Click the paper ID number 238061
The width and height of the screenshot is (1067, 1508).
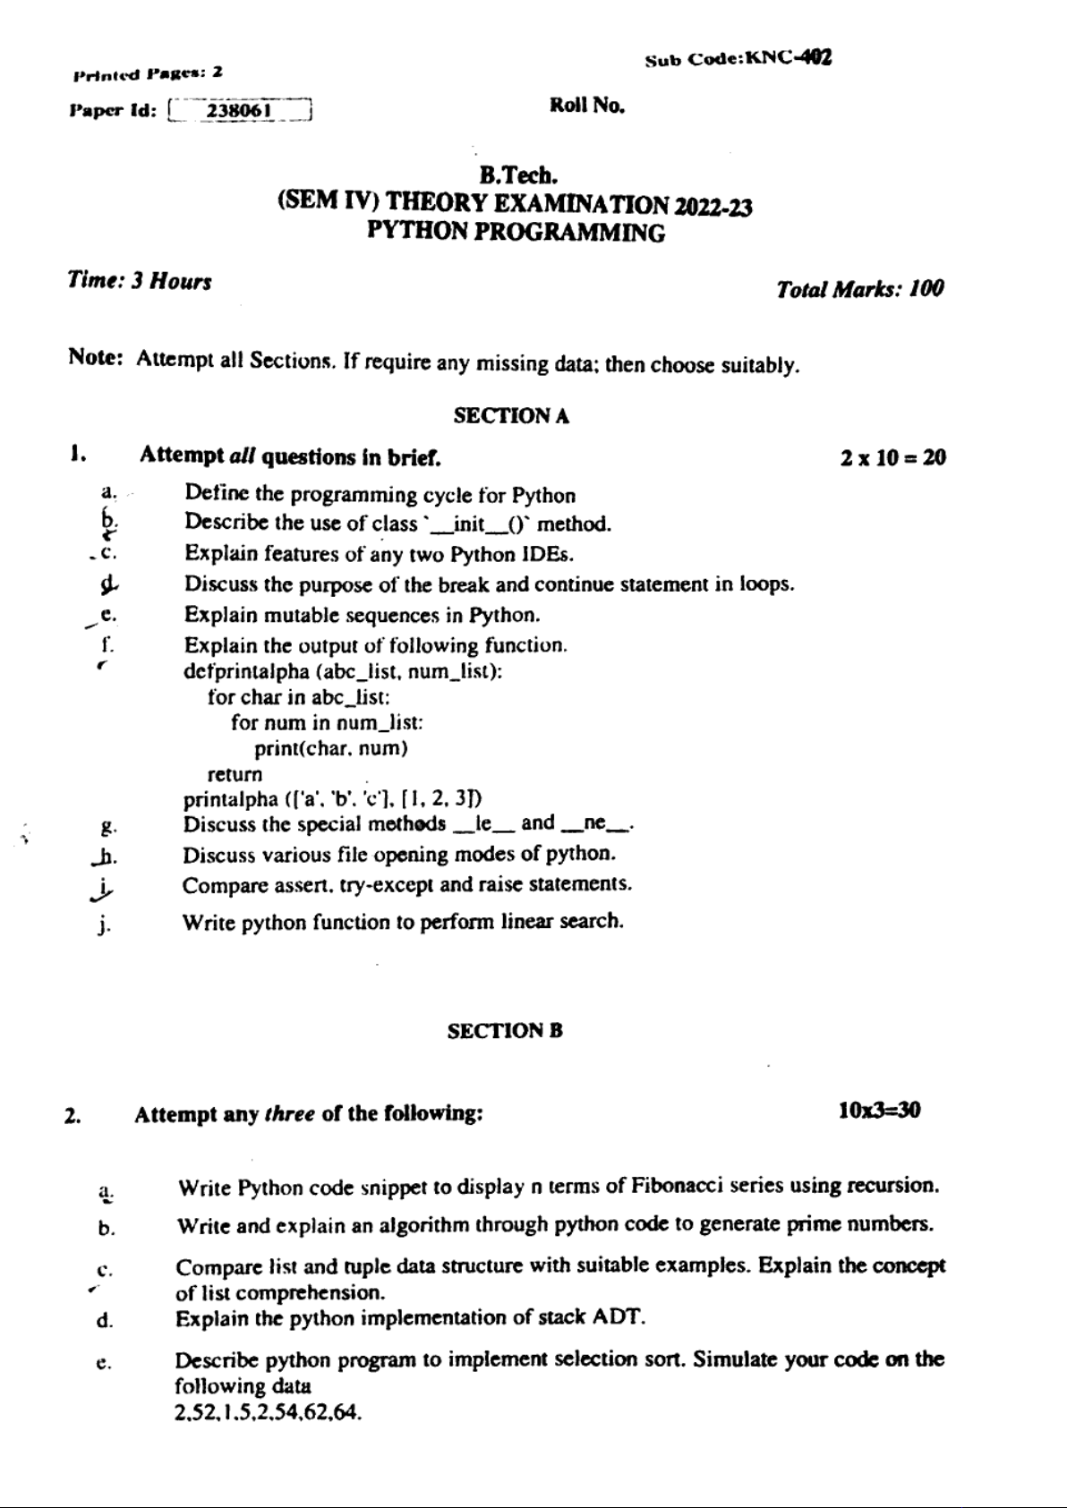239,111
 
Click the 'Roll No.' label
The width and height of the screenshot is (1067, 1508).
586,106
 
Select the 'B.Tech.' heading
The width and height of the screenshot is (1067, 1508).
519,175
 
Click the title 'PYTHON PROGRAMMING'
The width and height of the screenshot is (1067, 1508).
516,233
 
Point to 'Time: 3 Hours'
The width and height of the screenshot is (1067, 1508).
140,281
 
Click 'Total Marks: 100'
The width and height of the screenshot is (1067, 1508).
859,289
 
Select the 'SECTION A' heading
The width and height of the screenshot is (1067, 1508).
511,415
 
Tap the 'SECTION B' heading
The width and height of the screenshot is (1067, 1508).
505,1030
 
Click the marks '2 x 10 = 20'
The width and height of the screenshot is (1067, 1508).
892,458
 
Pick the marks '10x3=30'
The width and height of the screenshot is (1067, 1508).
879,1111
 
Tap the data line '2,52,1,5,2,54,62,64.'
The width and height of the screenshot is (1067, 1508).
268,1413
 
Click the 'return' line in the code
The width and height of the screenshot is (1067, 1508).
235,774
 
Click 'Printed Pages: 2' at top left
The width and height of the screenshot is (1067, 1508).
148,72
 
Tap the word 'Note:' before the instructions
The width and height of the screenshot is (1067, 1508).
95,358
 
